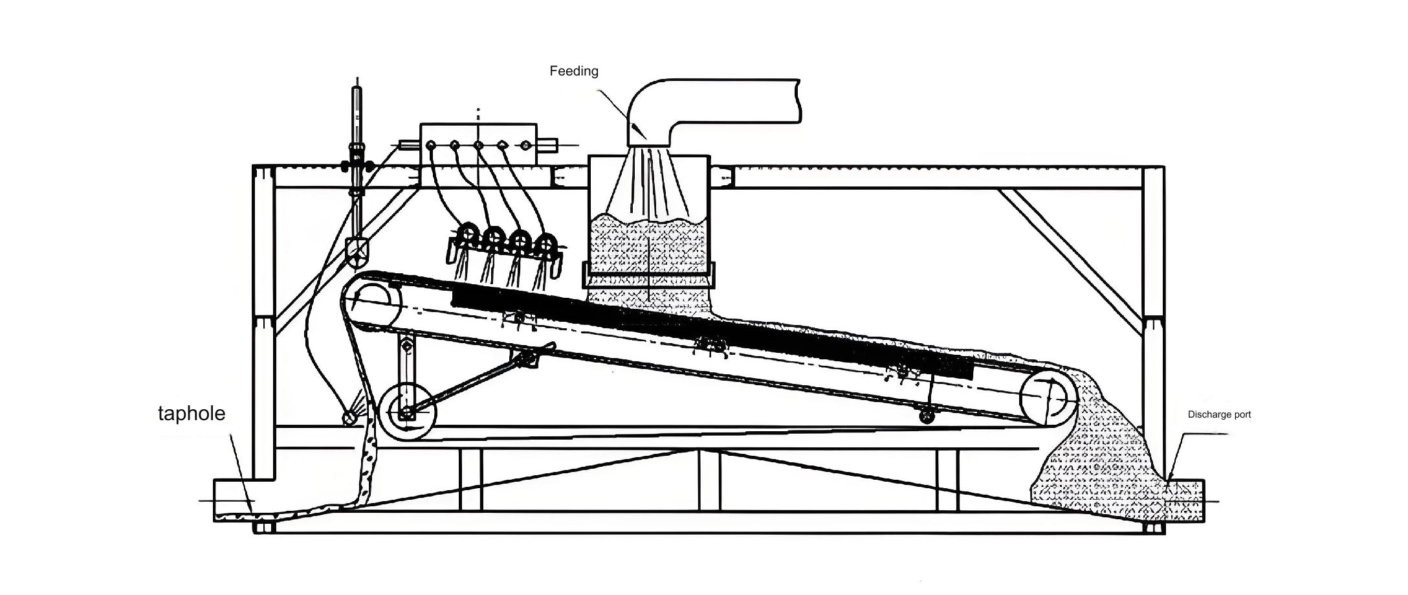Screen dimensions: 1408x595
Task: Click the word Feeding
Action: pos(574,71)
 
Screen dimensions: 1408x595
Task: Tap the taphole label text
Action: pos(192,413)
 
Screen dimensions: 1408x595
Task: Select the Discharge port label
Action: pos(1219,414)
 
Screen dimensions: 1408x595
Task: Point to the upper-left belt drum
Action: pos(371,302)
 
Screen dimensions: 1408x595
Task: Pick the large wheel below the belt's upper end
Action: pos(408,412)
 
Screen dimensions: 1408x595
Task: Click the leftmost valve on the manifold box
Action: pos(431,145)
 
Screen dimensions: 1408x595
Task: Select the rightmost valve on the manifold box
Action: pos(525,145)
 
